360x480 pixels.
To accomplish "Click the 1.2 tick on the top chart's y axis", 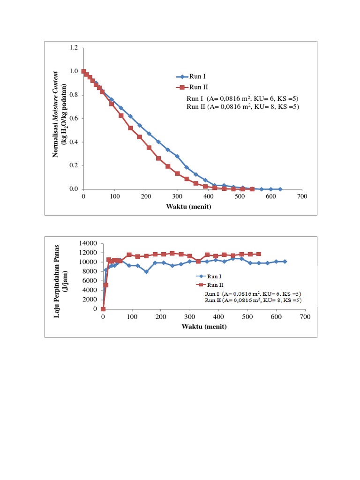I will pyautogui.click(x=74, y=48).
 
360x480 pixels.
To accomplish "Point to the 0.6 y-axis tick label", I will pyautogui.click(x=74, y=118).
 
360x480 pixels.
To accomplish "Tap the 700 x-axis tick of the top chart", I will pyautogui.click(x=302, y=196).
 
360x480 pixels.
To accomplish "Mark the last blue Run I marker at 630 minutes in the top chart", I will pyautogui.click(x=280, y=189).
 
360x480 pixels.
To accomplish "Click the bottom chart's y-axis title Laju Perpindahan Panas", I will pyautogui.click(x=58, y=276).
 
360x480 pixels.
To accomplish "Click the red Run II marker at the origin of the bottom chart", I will pyautogui.click(x=103, y=309).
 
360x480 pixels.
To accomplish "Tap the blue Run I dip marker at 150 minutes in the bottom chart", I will pyautogui.click(x=146, y=272).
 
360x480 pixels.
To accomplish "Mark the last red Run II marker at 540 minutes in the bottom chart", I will pyautogui.click(x=259, y=254).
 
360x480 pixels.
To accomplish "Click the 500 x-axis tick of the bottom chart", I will pyautogui.click(x=247, y=317).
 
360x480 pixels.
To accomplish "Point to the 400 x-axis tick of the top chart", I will pyautogui.click(x=208, y=196).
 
